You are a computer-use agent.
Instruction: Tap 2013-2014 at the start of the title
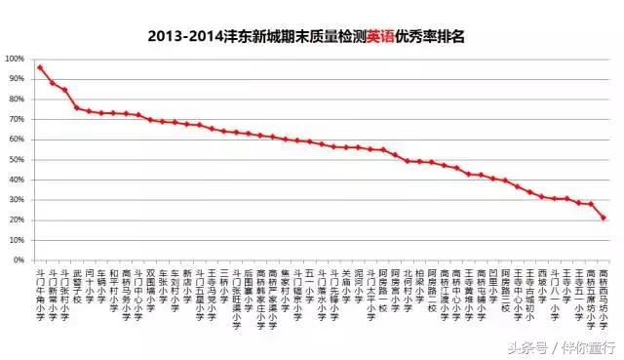(182, 37)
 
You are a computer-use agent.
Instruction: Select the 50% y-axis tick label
(18, 159)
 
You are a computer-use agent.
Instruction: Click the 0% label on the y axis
(20, 260)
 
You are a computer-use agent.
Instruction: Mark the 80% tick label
(18, 99)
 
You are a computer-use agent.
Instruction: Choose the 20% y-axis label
(18, 220)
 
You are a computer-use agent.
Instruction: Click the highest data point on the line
(40, 67)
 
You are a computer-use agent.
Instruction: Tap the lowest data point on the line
(604, 218)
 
